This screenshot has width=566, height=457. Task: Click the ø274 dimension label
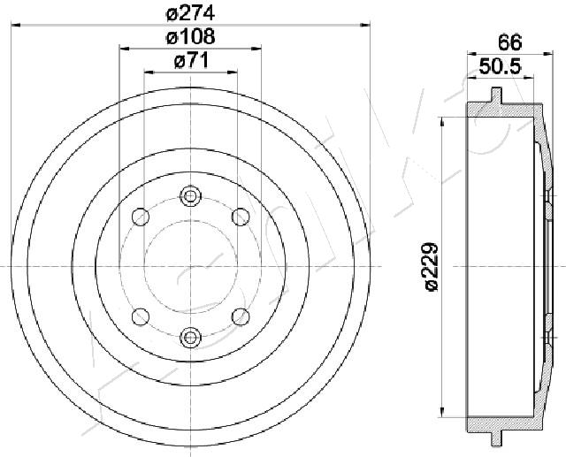point(190,13)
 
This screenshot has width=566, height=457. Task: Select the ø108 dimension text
point(190,37)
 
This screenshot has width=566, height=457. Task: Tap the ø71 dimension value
point(190,61)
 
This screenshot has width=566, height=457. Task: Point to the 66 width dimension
point(508,41)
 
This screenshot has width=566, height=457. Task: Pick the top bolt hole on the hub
point(190,196)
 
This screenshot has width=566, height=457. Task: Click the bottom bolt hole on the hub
point(190,336)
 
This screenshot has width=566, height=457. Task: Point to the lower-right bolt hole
point(240,316)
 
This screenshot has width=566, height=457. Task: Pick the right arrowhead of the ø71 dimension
point(233,73)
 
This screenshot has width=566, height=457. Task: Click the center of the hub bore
point(190,266)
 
